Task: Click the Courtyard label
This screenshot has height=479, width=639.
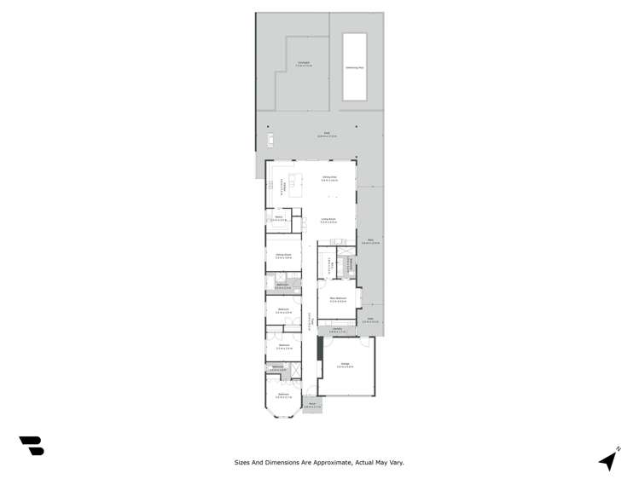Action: tap(303, 64)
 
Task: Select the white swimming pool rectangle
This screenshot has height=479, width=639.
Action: tap(354, 66)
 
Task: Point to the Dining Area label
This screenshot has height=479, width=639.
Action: tap(328, 178)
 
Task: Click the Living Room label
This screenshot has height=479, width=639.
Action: tap(328, 220)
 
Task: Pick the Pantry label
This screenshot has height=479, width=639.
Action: tap(278, 218)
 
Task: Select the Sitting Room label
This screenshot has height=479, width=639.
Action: tap(283, 256)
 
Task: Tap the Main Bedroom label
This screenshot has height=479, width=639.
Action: tap(338, 299)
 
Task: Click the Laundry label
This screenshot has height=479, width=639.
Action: tap(336, 330)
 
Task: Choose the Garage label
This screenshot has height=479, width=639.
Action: tap(346, 365)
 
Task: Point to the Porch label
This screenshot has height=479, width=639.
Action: tap(312, 405)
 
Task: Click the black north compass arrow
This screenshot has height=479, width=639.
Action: tap(608, 461)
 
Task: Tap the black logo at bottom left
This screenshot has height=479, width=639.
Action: tap(32, 446)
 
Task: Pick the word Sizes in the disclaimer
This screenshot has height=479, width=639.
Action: tap(243, 463)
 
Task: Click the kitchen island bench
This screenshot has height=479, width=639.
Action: tap(296, 185)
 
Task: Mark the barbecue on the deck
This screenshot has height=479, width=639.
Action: tap(270, 139)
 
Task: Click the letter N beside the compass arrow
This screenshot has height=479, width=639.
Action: tap(619, 448)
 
